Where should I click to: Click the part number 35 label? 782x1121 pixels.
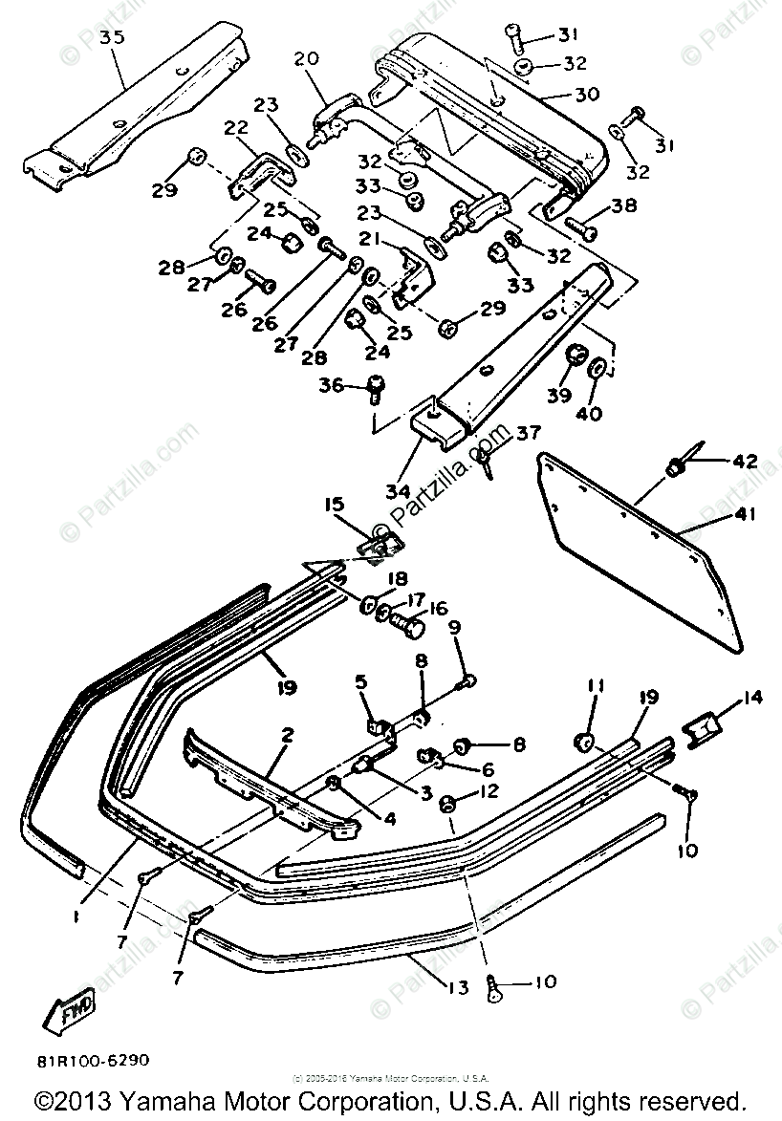coord(112,38)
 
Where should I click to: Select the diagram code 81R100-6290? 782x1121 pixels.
coord(94,1060)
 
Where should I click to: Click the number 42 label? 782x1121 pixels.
coord(745,462)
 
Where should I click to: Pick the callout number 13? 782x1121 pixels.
coord(459,986)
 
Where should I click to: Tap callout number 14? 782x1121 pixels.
coord(753,698)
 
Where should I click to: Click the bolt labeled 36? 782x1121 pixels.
coord(376,387)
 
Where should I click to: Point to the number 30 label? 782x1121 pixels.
coord(586,95)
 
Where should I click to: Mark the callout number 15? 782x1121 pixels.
coord(333,504)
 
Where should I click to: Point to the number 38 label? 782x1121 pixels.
coord(624,205)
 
